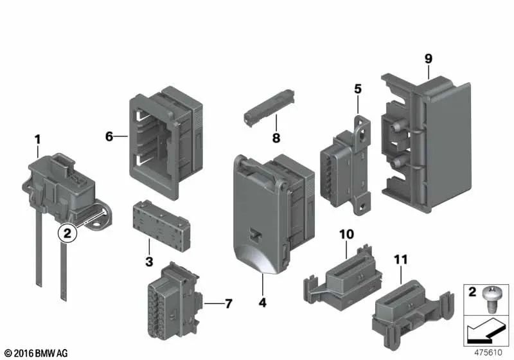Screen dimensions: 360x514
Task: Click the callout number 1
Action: pyautogui.click(x=37, y=138)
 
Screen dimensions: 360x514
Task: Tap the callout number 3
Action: pyautogui.click(x=149, y=262)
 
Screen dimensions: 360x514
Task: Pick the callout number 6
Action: pyautogui.click(x=109, y=136)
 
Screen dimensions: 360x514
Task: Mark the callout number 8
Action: pyautogui.click(x=276, y=137)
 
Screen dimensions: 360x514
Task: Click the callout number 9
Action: pyautogui.click(x=428, y=59)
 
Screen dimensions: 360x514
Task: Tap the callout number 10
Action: pyautogui.click(x=347, y=235)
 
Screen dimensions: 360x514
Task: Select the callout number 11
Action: pyautogui.click(x=401, y=260)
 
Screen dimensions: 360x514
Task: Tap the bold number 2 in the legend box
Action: pyautogui.click(x=472, y=294)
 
